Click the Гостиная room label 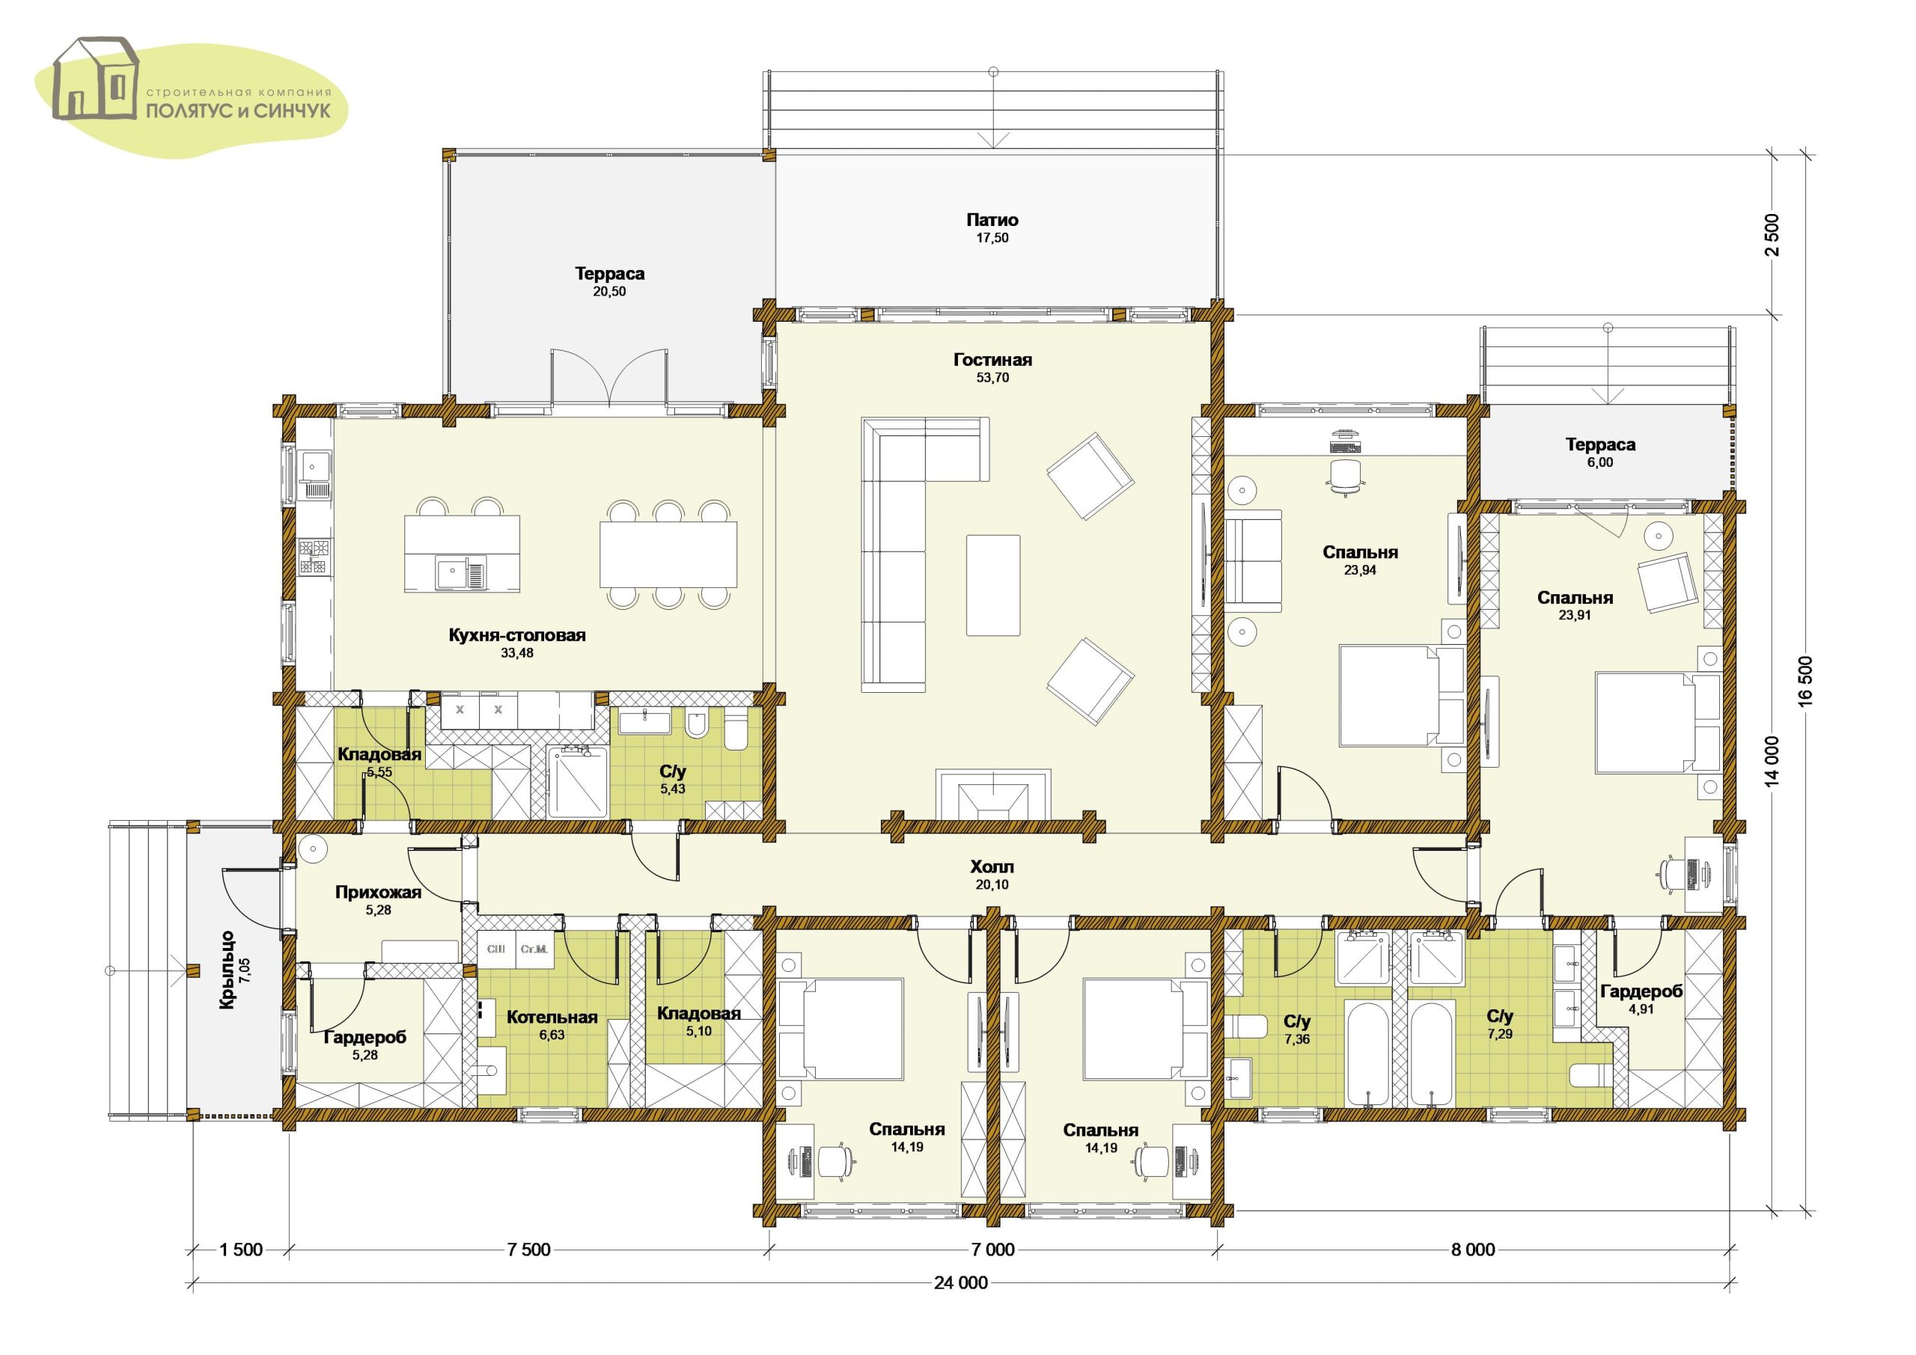click(x=992, y=360)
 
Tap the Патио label click(x=992, y=220)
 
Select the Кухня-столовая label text click(x=517, y=635)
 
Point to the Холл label click(x=992, y=867)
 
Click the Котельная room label click(x=552, y=1017)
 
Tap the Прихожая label click(x=378, y=892)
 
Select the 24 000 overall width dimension click(x=960, y=1282)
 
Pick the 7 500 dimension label click(x=529, y=1249)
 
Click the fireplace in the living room click(x=992, y=794)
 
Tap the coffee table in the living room click(x=993, y=585)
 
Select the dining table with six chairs click(x=668, y=554)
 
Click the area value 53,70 click(x=992, y=377)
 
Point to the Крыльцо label click(x=227, y=970)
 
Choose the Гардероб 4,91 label click(x=1641, y=1000)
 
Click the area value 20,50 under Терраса click(x=609, y=291)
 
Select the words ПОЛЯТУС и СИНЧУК click(x=239, y=110)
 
